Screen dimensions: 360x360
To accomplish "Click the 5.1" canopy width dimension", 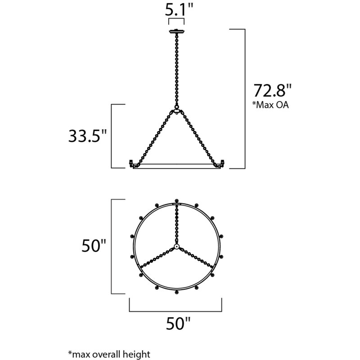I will coord(176,9).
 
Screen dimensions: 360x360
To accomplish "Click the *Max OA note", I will coord(271,106).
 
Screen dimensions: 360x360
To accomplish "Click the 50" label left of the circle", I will coord(94,247).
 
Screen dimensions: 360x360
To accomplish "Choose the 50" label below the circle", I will coord(176,323).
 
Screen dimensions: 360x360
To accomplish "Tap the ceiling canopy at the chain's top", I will coord(176,32).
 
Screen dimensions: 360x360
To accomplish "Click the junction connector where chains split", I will coord(176,111).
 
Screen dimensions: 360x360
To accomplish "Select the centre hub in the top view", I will coord(176,247).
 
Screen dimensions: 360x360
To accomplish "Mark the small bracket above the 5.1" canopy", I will coord(176,20).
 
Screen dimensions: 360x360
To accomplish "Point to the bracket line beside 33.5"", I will coord(112,136).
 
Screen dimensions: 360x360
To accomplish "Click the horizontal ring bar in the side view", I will coord(176,166).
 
